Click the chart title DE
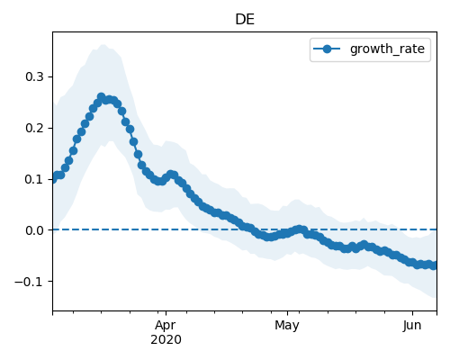245,20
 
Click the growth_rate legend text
387,49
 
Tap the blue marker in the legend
327,49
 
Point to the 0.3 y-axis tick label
34,76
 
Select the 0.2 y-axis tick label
34,128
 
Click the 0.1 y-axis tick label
34,179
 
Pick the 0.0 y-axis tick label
34,230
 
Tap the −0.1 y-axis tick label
29,282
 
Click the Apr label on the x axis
166,326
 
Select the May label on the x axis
287,326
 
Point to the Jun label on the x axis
412,326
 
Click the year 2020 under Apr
166,340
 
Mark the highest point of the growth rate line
101,96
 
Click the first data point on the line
53,179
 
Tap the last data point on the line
434,265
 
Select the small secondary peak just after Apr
171,174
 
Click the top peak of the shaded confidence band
103,45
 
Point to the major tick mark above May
287,313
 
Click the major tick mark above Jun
412,313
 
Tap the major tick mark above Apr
166,313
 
